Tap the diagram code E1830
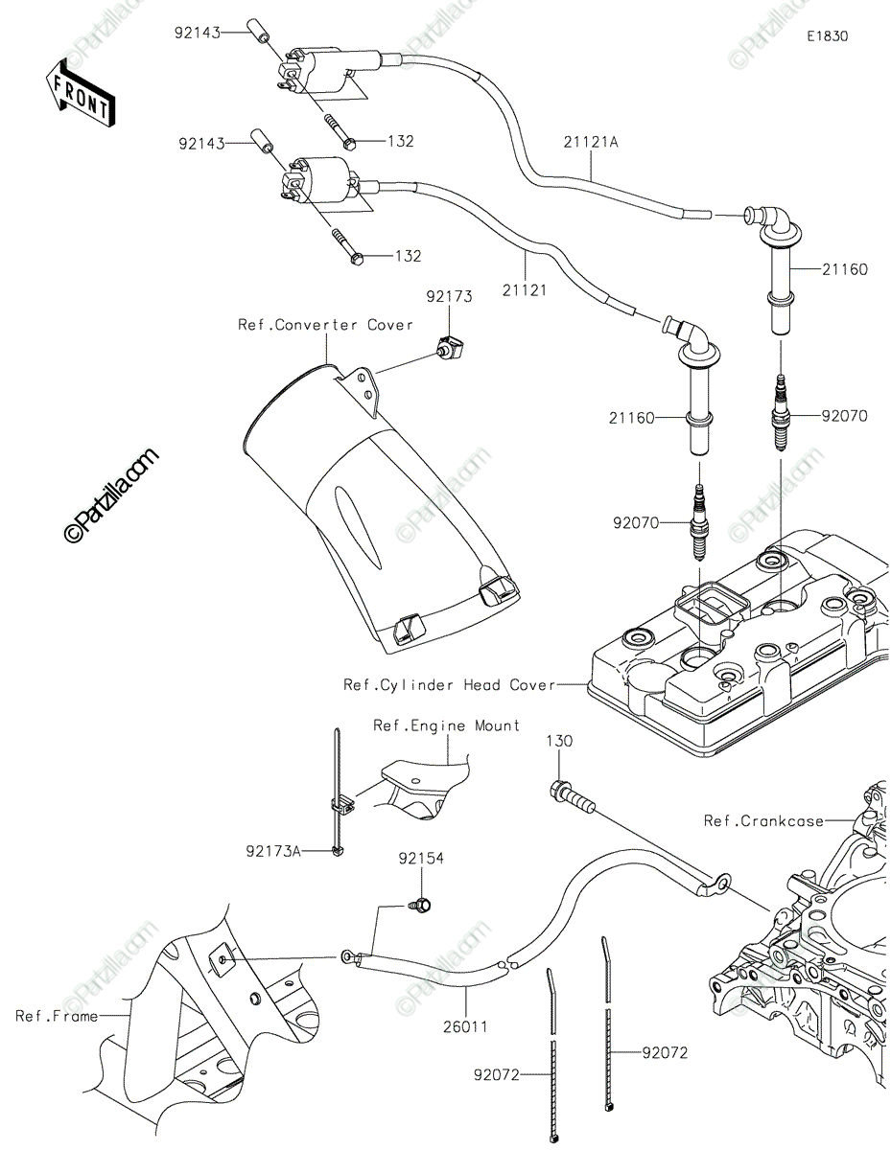click(x=827, y=36)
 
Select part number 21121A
click(x=591, y=142)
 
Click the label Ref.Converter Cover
click(x=326, y=325)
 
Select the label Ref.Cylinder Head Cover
click(x=450, y=685)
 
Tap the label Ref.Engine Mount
click(x=447, y=725)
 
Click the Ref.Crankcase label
click(x=762, y=821)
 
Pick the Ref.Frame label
click(x=57, y=1016)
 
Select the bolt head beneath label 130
click(x=560, y=792)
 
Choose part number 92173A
click(x=273, y=850)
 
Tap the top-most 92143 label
click(x=198, y=32)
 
